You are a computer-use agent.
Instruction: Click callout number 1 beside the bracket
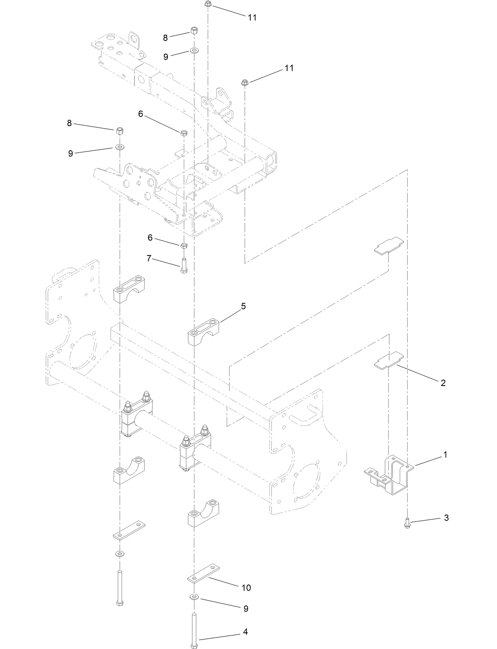coord(445,455)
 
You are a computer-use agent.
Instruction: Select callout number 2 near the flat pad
coord(443,382)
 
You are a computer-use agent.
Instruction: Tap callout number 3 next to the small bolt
coord(446,518)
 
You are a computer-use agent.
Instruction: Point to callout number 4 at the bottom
coord(245,632)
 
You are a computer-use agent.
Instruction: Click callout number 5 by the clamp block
coord(243,306)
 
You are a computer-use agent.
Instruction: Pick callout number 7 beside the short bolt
coord(149,258)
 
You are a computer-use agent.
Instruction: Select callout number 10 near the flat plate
coord(246,588)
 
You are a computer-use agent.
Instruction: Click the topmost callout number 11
coord(252,17)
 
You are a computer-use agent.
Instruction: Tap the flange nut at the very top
coord(208,4)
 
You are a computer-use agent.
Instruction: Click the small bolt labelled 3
coord(407,524)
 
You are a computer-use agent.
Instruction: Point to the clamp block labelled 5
coord(203,334)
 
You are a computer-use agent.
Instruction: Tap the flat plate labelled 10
coord(203,577)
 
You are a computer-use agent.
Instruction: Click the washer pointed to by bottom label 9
coord(194,596)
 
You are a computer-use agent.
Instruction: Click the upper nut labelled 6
coord(184,132)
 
